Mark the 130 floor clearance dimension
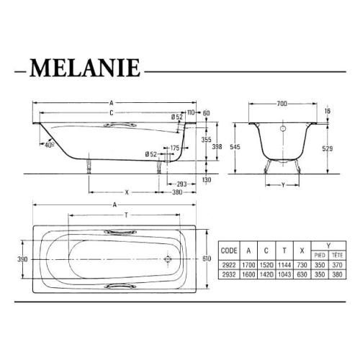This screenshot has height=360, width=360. click(x=207, y=179)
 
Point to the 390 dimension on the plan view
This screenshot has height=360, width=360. click(x=22, y=258)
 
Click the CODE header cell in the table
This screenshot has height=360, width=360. click(x=229, y=252)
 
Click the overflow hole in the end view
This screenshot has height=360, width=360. click(x=282, y=130)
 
